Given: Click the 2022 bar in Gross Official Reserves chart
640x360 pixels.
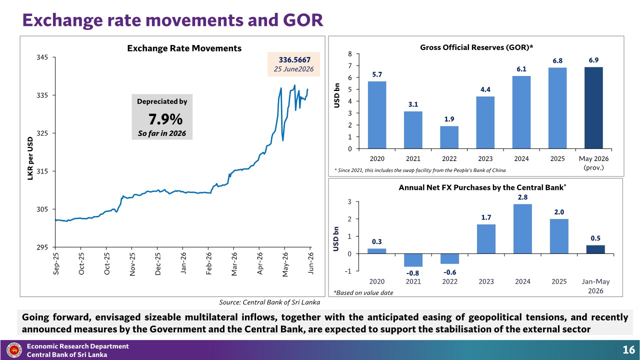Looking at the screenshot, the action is point(449,137).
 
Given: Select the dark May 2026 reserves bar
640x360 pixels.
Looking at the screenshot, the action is point(593,108).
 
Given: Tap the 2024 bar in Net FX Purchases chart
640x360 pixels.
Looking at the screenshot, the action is point(522,229).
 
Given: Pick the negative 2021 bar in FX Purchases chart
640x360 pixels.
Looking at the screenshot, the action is point(413,260).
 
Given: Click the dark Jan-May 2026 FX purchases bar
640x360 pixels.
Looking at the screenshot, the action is point(595,249).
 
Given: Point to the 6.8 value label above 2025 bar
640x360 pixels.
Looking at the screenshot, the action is point(557,61).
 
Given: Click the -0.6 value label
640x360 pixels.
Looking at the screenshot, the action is point(449,272).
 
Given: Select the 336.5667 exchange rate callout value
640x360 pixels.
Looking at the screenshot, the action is point(294,60).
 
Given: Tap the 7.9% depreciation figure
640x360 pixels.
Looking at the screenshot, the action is point(165,119).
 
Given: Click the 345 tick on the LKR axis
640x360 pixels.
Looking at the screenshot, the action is point(42,57).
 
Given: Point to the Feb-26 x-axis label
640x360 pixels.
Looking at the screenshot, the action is point(209,263).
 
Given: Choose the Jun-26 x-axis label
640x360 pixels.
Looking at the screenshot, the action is point(310,263).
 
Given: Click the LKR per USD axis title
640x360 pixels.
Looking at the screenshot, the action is point(30,158).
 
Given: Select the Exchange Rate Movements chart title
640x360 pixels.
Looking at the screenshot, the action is point(184,48).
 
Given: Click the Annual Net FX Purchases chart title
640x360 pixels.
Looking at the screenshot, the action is point(482,187).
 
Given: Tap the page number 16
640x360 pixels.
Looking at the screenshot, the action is point(628,350).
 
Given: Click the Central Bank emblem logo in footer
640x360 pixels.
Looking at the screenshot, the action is point(14,350).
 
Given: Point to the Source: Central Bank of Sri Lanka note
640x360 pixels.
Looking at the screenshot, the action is point(269,302).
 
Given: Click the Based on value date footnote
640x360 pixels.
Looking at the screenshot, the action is point(363,293).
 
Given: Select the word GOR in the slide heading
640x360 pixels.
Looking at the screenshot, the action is point(303,20).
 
